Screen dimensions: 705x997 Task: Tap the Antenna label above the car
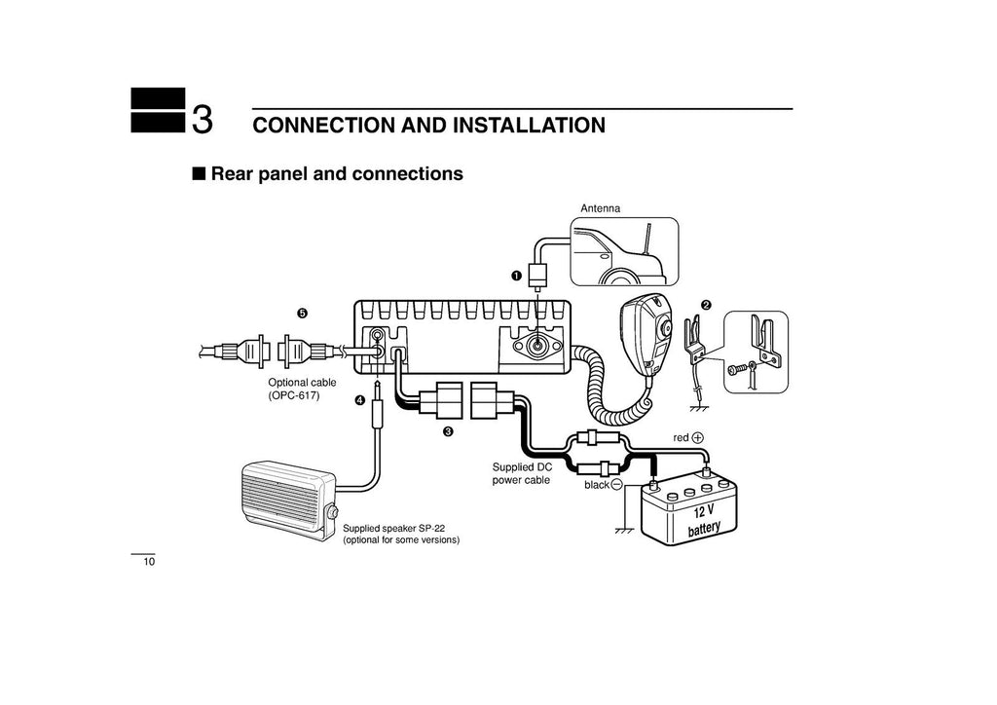pos(600,208)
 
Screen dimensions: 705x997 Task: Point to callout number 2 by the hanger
pos(707,306)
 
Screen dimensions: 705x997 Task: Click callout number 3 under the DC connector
pos(448,431)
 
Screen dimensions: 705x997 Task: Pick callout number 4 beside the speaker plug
pos(359,400)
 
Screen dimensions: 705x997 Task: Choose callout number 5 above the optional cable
pos(303,313)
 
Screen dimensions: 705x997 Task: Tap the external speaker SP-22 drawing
pos(288,502)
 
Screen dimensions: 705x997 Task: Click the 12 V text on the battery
pos(703,511)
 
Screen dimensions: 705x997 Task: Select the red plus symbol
pos(698,438)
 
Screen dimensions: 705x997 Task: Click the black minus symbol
pos(616,484)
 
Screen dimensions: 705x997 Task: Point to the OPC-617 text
pos(294,396)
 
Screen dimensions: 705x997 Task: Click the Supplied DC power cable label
pos(522,473)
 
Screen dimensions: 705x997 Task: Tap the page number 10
pos(149,563)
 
